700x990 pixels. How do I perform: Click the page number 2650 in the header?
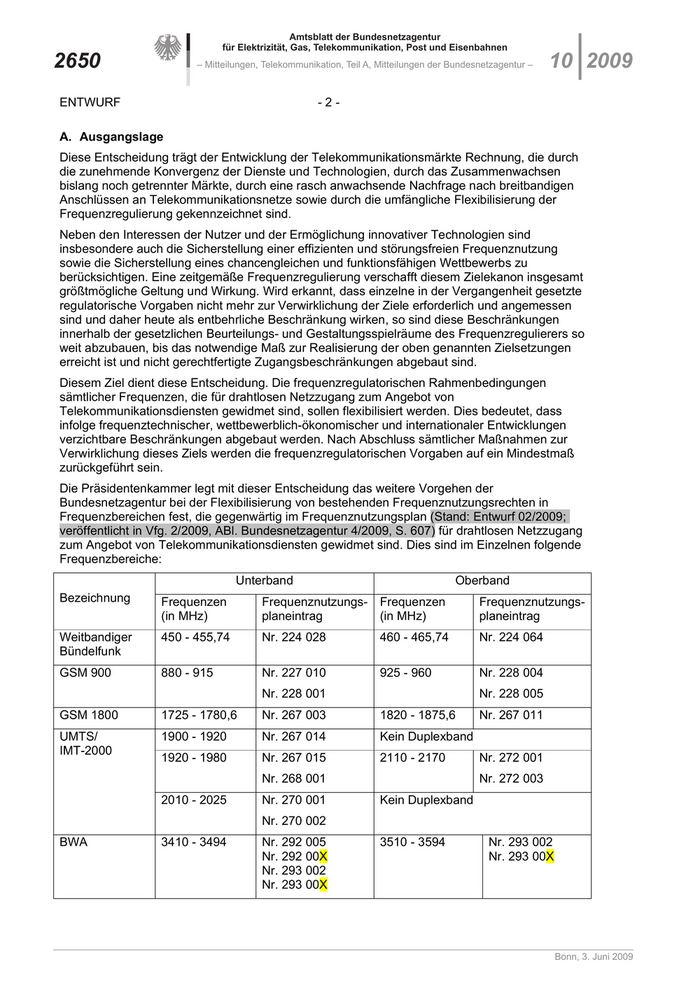tap(77, 61)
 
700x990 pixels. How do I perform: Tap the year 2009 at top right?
tap(609, 61)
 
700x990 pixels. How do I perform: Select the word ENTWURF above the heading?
tap(90, 102)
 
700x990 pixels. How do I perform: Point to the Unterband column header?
tap(264, 581)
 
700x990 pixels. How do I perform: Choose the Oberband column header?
tap(482, 581)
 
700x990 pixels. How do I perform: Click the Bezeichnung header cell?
tap(95, 598)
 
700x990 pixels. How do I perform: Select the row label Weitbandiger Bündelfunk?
tap(96, 644)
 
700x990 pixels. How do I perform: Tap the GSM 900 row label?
tap(86, 673)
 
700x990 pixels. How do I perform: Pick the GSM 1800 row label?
tap(89, 715)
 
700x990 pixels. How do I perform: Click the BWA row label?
tap(74, 842)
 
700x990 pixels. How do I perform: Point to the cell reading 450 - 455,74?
tap(195, 637)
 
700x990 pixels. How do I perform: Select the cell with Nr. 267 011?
tap(511, 715)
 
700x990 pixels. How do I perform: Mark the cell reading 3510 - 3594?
tap(412, 842)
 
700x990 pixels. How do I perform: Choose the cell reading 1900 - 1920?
tap(193, 736)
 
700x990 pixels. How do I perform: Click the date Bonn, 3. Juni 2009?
tap(594, 957)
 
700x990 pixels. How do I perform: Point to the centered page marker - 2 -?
tap(329, 102)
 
